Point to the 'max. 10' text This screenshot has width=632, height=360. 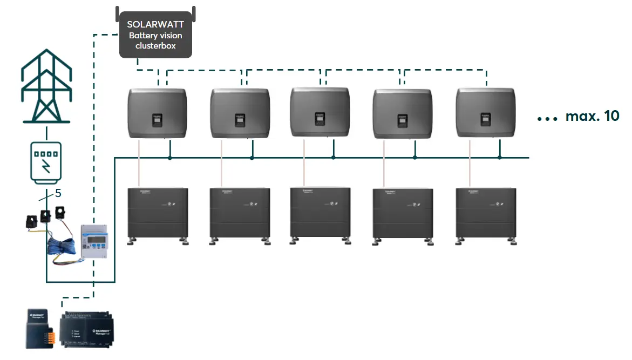pyautogui.click(x=592, y=117)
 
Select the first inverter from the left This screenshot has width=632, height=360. pyautogui.click(x=157, y=114)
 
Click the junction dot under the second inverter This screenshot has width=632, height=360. pyautogui.click(x=252, y=158)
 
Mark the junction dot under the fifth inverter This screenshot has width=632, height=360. pyautogui.click(x=500, y=158)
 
